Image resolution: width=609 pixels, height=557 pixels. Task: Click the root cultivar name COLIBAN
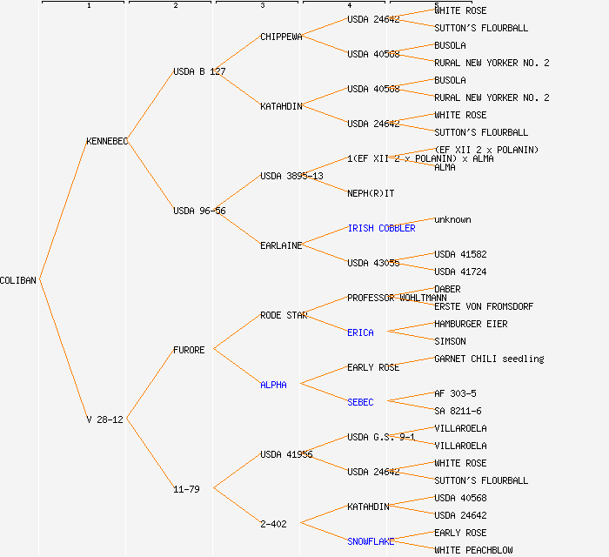point(18,280)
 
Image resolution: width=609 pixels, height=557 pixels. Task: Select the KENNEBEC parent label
point(107,141)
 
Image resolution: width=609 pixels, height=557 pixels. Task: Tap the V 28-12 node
point(104,419)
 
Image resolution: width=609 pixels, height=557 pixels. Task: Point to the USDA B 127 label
point(199,71)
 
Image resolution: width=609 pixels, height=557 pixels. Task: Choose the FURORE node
point(189,350)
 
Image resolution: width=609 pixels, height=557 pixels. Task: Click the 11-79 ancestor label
point(186,489)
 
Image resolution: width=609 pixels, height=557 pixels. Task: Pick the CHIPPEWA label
point(281,37)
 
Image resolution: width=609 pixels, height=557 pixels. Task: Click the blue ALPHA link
point(273,385)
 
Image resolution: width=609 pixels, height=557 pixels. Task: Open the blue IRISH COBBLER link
point(381,228)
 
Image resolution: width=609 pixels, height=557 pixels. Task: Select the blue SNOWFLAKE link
point(371,541)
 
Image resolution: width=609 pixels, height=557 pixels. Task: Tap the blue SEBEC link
point(360,402)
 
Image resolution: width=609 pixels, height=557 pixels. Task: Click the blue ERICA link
point(360,332)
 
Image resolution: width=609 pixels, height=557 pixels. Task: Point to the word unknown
point(452,219)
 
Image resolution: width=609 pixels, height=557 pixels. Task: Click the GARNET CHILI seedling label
point(489,359)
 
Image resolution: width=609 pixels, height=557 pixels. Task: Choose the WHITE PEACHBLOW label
point(473,550)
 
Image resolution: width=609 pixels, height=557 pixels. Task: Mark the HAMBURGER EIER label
point(471,324)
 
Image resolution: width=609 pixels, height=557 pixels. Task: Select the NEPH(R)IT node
point(371,193)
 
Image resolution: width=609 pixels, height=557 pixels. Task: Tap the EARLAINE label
point(281,245)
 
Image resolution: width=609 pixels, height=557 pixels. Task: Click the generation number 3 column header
point(262,6)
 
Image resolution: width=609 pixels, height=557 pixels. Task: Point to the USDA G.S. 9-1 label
point(380,437)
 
